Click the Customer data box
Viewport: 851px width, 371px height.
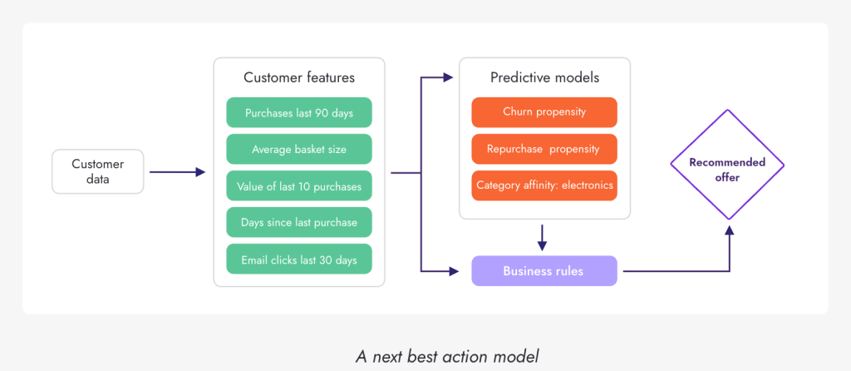[97, 171]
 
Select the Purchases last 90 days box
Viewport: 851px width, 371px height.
[298, 112]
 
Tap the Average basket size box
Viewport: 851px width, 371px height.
[298, 150]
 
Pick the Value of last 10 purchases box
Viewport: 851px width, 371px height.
[298, 186]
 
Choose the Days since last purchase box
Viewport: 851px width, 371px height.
[298, 223]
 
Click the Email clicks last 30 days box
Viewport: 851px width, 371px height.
[298, 260]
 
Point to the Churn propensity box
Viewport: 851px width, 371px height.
[544, 111]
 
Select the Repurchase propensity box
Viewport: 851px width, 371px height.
[544, 149]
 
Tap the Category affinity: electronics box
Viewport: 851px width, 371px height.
[544, 185]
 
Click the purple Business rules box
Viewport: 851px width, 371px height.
[544, 271]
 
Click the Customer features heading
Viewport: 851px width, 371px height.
[299, 77]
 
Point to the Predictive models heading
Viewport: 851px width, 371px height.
[544, 77]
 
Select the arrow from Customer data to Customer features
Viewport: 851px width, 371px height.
[177, 172]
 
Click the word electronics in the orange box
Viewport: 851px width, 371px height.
[587, 185]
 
